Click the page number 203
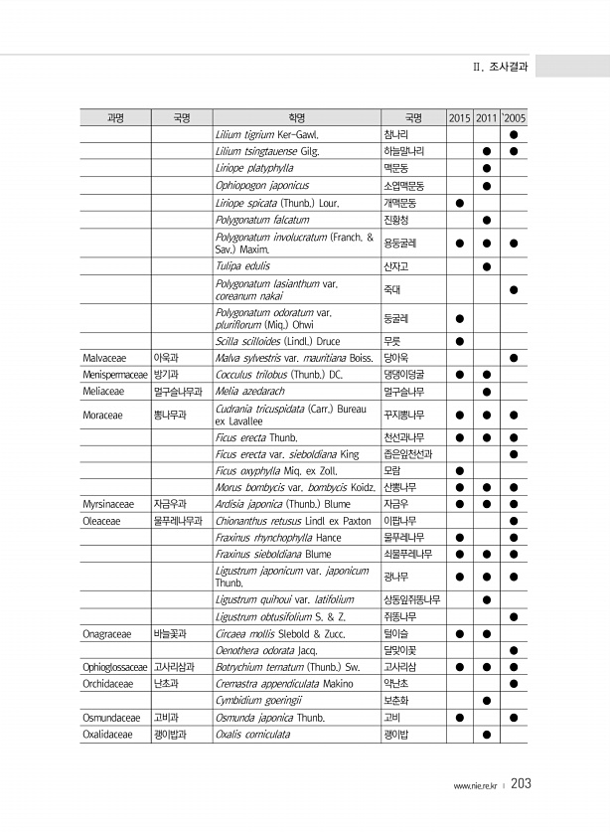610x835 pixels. tap(522, 783)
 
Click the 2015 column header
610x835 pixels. tap(460, 117)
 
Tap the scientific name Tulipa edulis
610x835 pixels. tap(242, 266)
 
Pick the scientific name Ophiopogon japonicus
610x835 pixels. tap(262, 186)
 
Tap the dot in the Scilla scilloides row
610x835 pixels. tap(460, 340)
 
